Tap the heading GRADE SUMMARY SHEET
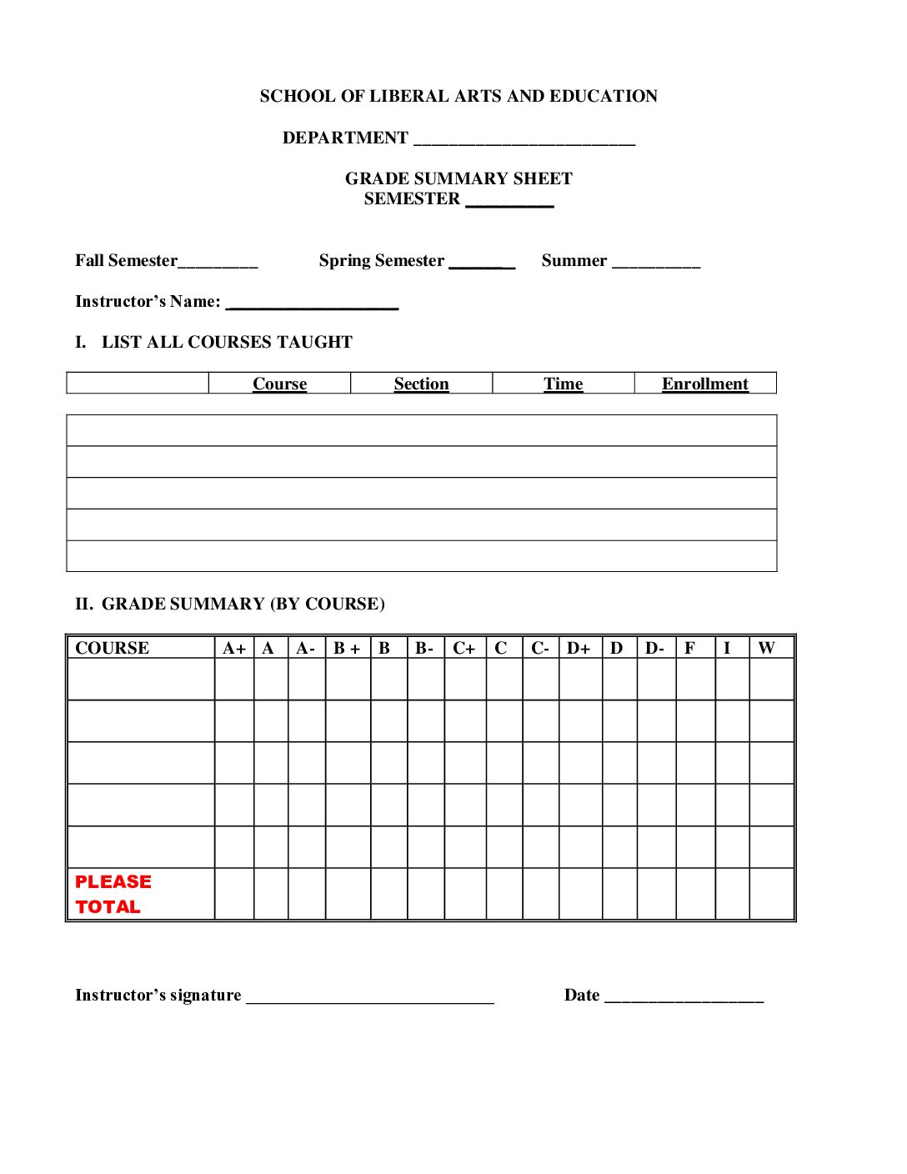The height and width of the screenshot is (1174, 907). point(459,178)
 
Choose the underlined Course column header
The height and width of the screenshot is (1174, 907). point(279,384)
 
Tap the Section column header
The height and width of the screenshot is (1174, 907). point(421,384)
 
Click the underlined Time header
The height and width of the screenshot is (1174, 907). point(563,384)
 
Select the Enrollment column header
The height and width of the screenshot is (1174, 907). point(704,384)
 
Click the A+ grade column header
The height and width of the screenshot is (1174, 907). point(234,648)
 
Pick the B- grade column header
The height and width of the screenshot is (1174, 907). point(424,648)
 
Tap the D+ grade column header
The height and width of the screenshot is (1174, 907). point(579,648)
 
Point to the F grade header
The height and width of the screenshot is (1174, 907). point(689,648)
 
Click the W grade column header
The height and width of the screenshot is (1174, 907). point(766,648)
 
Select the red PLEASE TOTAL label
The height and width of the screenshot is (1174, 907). point(113,894)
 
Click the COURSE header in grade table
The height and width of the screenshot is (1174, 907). point(112,648)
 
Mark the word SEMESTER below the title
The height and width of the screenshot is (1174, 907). point(412,199)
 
